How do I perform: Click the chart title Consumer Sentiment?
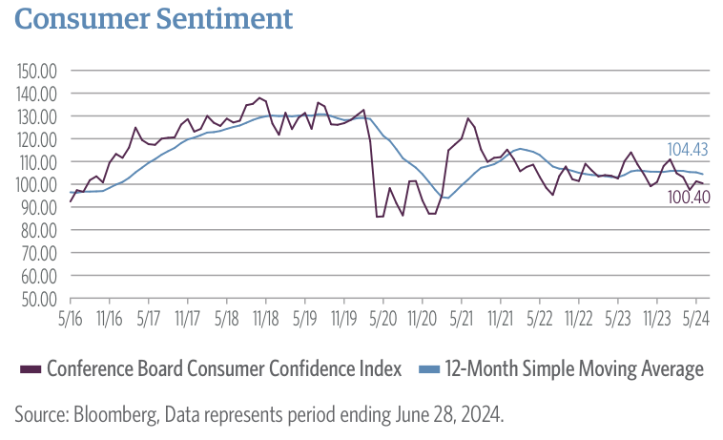click(154, 19)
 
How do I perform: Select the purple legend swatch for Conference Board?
click(29, 369)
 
